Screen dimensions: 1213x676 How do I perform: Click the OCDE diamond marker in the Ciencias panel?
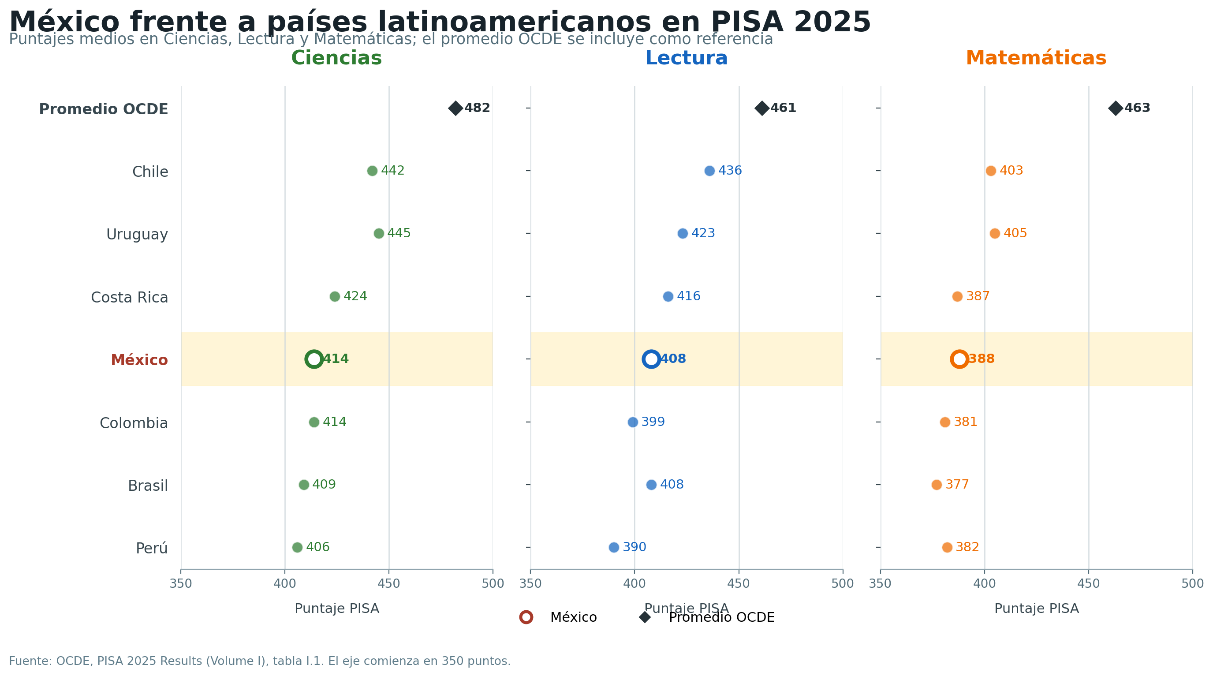(455, 108)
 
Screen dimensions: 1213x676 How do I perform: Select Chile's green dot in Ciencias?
(372, 171)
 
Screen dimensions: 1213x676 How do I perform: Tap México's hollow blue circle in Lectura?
(651, 359)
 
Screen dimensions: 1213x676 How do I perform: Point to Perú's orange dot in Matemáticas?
(947, 547)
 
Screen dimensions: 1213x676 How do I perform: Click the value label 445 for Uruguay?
(399, 234)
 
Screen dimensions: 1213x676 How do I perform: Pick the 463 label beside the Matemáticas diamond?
(1137, 108)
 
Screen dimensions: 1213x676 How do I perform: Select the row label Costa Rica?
(130, 298)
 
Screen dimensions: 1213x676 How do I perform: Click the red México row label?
(139, 360)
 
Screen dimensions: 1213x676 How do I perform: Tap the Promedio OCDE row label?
(104, 109)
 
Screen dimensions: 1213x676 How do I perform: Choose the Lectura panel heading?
(686, 58)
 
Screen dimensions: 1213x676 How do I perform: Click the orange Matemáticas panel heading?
(1036, 58)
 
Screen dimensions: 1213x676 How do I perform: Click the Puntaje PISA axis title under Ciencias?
(337, 609)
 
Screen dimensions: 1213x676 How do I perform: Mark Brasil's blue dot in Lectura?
(651, 485)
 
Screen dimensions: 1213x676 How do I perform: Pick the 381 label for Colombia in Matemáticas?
(965, 422)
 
